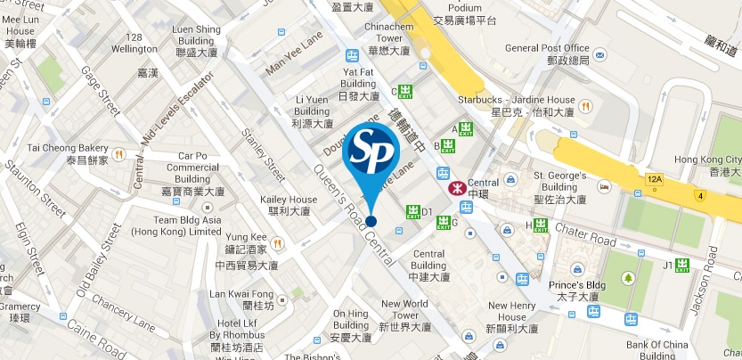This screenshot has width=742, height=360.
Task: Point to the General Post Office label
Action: tap(547, 53)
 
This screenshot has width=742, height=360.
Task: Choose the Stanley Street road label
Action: tap(264, 155)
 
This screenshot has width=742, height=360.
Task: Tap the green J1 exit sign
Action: tap(683, 265)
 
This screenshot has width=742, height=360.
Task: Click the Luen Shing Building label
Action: tap(196, 41)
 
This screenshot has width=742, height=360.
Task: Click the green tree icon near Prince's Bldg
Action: tap(629, 279)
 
